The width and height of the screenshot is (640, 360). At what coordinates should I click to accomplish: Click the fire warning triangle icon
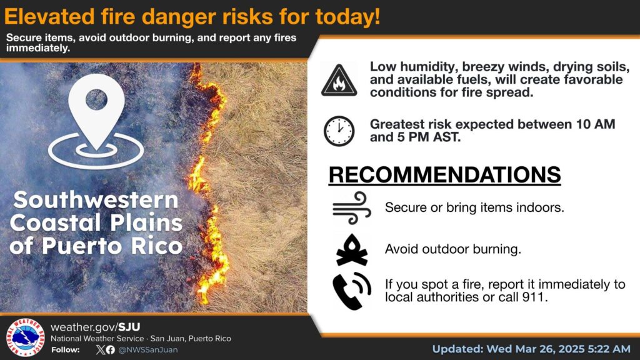tap(339, 81)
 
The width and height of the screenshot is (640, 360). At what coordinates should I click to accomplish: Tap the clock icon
tap(339, 131)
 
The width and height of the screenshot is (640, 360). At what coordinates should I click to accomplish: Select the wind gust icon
tap(352, 207)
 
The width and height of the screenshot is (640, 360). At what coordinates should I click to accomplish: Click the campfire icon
tap(351, 250)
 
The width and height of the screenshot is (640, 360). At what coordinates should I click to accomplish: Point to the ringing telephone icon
tap(351, 291)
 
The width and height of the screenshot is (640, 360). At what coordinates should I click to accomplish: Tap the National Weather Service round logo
tap(25, 337)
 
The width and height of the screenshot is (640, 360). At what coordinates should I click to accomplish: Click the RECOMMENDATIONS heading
tap(444, 175)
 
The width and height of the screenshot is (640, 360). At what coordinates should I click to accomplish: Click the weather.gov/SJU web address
tap(95, 327)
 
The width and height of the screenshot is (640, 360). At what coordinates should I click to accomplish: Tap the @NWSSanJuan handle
tap(147, 350)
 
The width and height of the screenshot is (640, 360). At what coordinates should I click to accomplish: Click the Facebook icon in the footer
tap(111, 350)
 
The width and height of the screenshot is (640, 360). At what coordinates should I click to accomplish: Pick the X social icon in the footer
tap(101, 350)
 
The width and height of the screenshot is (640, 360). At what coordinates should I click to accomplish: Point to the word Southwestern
tap(96, 200)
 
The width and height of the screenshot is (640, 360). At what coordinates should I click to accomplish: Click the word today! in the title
tap(347, 17)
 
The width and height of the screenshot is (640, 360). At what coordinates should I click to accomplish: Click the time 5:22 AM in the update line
tap(609, 349)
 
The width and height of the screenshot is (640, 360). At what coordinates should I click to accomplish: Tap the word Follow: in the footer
tap(65, 350)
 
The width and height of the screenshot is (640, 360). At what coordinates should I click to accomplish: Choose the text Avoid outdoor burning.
tap(453, 249)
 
